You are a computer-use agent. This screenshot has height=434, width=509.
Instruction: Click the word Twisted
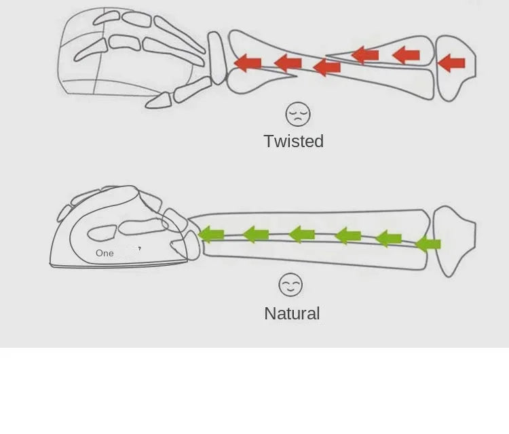click(293, 141)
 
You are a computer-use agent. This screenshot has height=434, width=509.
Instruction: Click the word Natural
click(292, 313)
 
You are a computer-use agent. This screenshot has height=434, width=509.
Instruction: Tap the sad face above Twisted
click(297, 114)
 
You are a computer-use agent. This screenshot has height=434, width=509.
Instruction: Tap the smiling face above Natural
click(290, 285)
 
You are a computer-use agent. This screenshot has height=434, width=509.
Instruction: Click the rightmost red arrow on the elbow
click(451, 64)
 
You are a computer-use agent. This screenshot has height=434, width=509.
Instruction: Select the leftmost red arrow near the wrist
click(248, 63)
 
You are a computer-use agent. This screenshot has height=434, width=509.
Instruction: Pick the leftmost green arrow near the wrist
click(212, 235)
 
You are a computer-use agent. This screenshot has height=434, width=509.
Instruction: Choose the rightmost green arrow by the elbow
click(428, 243)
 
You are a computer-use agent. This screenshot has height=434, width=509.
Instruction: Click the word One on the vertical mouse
click(105, 253)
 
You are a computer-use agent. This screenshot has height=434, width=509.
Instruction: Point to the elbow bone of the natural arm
click(453, 237)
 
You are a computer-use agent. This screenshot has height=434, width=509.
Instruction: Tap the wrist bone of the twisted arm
click(218, 58)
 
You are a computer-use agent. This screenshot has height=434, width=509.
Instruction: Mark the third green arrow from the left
click(302, 235)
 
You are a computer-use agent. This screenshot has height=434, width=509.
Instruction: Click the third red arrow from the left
click(327, 66)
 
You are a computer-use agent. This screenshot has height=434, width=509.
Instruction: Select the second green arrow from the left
click(256, 235)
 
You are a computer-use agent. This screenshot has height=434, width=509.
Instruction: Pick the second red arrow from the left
click(288, 63)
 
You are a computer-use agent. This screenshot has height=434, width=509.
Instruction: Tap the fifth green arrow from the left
click(388, 238)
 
